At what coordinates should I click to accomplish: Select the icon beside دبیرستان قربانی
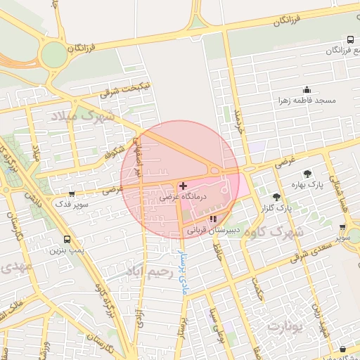pyautogui.click(x=213, y=219)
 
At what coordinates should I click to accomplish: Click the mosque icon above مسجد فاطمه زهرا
pyautogui.click(x=307, y=90)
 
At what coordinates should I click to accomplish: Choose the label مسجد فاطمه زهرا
pyautogui.click(x=307, y=101)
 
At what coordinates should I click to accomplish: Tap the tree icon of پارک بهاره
pyautogui.click(x=307, y=174)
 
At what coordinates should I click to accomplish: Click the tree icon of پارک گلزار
pyautogui.click(x=276, y=197)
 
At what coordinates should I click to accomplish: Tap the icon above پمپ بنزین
pyautogui.click(x=67, y=239)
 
